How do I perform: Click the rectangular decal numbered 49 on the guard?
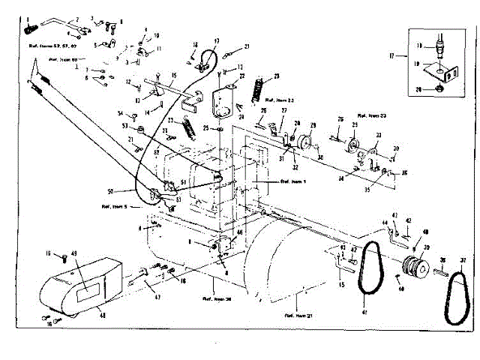[85, 285]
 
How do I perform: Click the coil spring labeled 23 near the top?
[260, 88]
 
